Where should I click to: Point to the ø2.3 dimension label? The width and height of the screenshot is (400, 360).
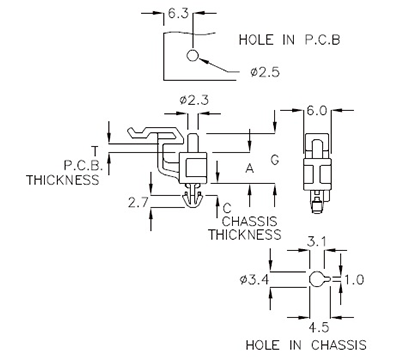(192, 100)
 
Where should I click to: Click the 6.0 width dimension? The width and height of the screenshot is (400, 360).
(317, 111)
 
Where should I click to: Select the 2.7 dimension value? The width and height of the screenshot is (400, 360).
(139, 202)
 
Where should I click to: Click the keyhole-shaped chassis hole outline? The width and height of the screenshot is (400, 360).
(317, 280)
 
